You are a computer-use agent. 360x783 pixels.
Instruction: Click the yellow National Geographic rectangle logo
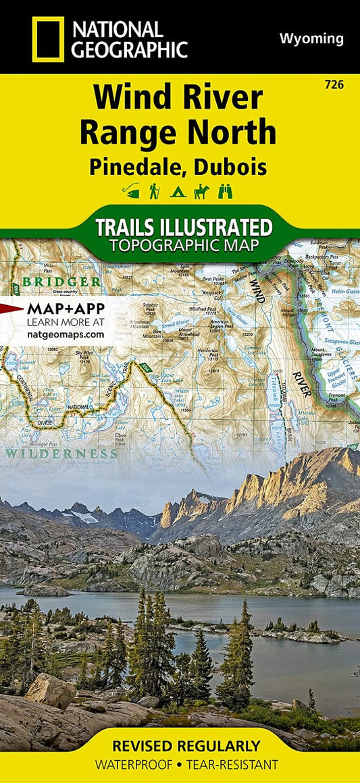pyautogui.click(x=47, y=39)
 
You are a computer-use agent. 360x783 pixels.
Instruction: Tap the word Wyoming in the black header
pyautogui.click(x=311, y=39)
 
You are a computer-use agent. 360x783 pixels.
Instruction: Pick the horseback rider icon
pyautogui.click(x=201, y=192)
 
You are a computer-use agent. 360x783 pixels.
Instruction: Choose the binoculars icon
pyautogui.click(x=225, y=192)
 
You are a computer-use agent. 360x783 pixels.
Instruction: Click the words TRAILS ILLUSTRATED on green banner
pyautogui.click(x=183, y=226)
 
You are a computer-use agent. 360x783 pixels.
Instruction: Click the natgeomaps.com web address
pyautogui.click(x=66, y=333)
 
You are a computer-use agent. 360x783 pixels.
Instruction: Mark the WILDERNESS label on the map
pyautogui.click(x=61, y=453)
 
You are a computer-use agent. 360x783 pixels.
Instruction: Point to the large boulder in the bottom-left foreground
pyautogui.click(x=51, y=690)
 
